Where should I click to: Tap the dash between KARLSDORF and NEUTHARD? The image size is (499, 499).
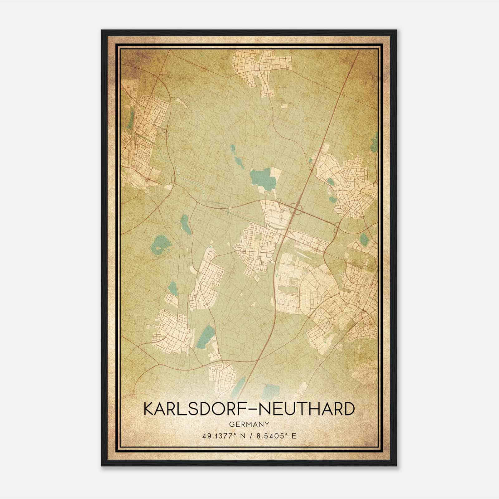coord(250,409)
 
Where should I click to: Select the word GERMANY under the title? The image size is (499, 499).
coord(249,424)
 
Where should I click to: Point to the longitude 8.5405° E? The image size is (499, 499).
coord(274,436)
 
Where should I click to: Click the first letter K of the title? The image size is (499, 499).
coord(149,409)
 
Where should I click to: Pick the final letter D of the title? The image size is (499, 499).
coord(349,409)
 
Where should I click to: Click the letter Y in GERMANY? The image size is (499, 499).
coord(267,424)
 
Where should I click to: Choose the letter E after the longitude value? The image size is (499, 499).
coord(293,436)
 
